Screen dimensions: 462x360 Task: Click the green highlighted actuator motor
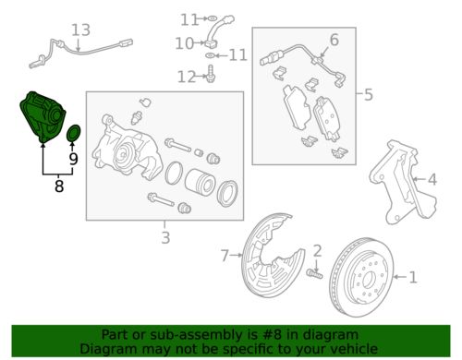pyautogui.click(x=42, y=117)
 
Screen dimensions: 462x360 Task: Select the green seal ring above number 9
pyautogui.click(x=74, y=133)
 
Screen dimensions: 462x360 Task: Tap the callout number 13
pyautogui.click(x=81, y=30)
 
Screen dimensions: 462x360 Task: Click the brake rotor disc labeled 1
pyautogui.click(x=361, y=276)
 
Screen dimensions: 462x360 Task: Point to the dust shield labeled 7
pyautogui.click(x=271, y=256)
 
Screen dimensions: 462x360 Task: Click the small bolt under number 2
pyautogui.click(x=314, y=273)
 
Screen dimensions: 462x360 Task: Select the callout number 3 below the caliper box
pyautogui.click(x=165, y=237)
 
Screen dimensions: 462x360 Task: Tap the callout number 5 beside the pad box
pyautogui.click(x=369, y=94)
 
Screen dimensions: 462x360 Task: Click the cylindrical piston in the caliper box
pyautogui.click(x=200, y=184)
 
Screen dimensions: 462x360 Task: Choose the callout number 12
pyautogui.click(x=187, y=77)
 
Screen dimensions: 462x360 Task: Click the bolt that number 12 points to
pyautogui.click(x=211, y=74)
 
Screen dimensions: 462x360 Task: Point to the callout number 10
pyautogui.click(x=184, y=43)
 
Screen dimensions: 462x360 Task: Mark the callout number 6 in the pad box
pyautogui.click(x=334, y=40)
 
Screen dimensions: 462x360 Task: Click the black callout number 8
pyautogui.click(x=59, y=186)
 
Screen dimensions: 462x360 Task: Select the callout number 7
pyautogui.click(x=225, y=256)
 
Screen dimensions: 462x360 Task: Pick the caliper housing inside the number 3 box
pyautogui.click(x=128, y=147)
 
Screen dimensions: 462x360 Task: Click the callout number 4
pyautogui.click(x=432, y=179)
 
